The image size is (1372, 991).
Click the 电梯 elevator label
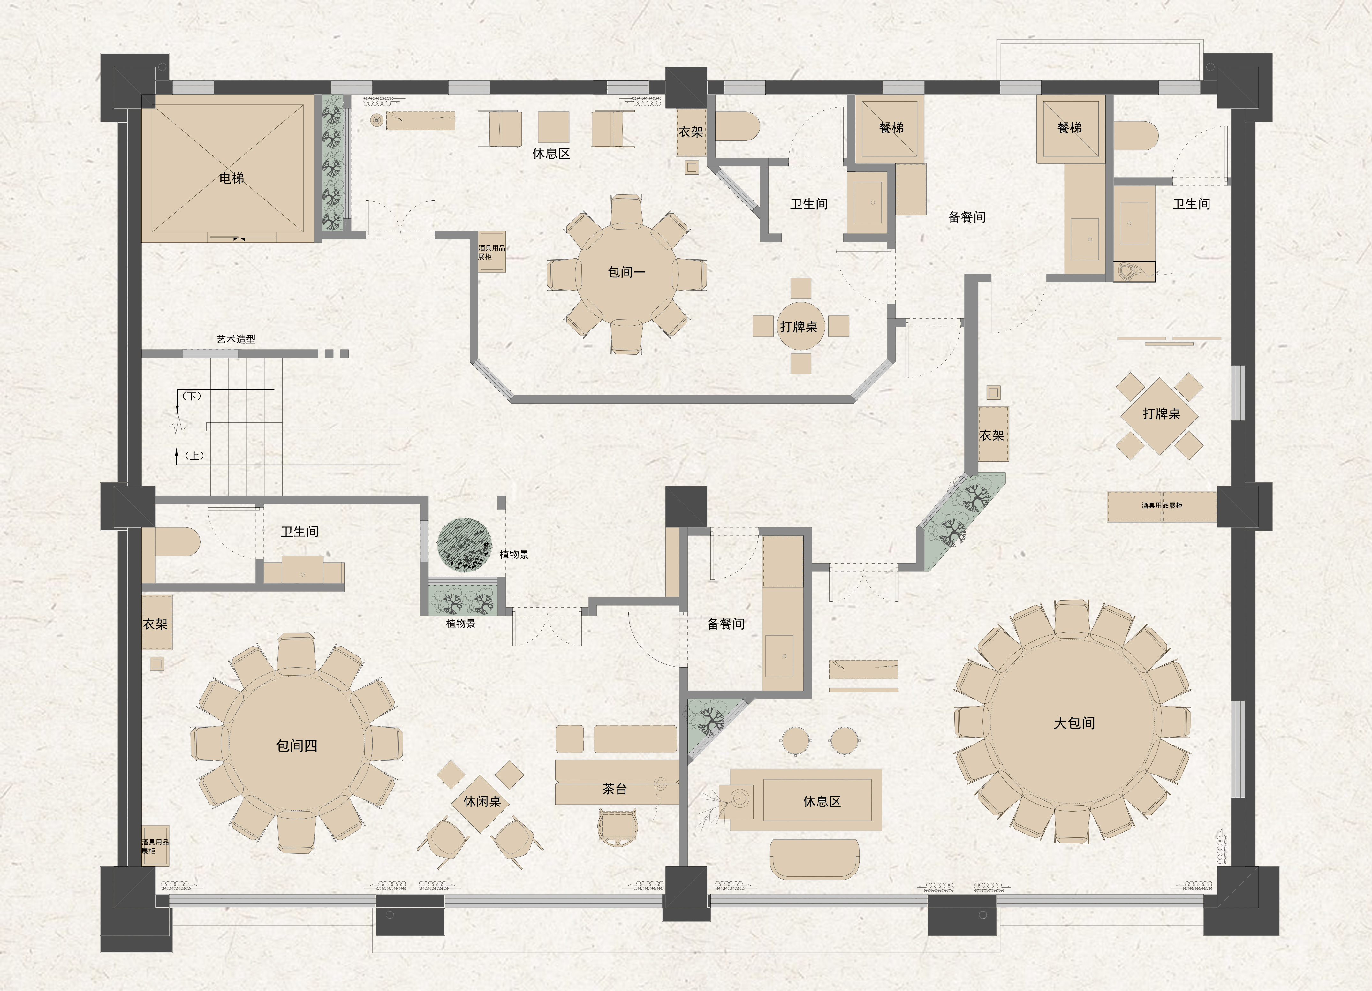[x=232, y=178]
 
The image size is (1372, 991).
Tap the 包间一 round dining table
[x=627, y=272]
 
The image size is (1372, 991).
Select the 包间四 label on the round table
[x=296, y=745]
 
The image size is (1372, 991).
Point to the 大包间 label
[x=1074, y=723]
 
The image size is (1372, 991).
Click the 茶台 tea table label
[x=615, y=789]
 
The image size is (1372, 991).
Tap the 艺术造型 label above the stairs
[x=236, y=339]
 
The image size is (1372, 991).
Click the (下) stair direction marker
[x=192, y=396]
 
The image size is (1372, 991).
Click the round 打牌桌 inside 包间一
[x=801, y=327]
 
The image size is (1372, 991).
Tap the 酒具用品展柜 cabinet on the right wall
[x=1162, y=506]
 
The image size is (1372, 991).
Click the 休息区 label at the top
[x=551, y=153]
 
